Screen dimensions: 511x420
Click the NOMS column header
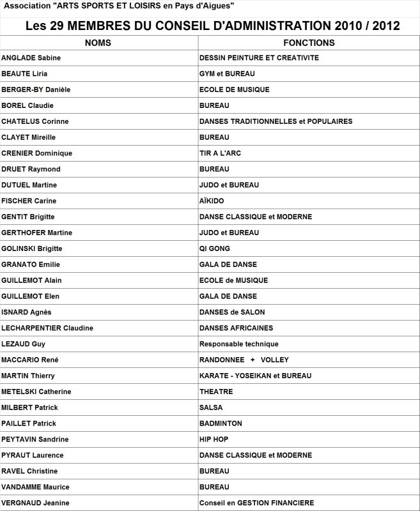97,43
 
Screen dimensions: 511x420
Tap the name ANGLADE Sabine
31,58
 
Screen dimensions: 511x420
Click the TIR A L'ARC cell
220,153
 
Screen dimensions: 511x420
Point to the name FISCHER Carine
29,201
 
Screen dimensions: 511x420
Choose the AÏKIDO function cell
212,201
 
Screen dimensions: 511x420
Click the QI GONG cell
215,248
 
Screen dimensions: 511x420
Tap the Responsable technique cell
239,344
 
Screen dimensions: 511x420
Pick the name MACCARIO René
30,360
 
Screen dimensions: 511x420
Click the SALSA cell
211,408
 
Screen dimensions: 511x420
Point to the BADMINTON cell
221,423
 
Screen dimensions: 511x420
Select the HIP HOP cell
214,439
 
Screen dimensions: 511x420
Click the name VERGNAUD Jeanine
35,503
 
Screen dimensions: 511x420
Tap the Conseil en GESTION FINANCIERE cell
256,503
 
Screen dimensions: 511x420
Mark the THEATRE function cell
216,392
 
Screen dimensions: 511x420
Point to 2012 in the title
384,26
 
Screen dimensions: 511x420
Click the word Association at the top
25,6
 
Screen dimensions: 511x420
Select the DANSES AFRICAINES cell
236,328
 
